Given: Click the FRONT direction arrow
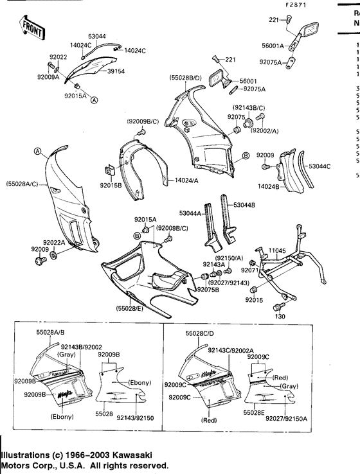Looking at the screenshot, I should click(x=32, y=26).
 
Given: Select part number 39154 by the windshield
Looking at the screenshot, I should click(x=116, y=72).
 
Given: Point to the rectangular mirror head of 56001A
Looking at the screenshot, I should click(x=310, y=30).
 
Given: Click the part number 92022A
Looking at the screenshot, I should click(x=71, y=242).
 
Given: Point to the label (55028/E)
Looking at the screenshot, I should click(x=130, y=309).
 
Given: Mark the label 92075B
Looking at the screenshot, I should click(x=208, y=290).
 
